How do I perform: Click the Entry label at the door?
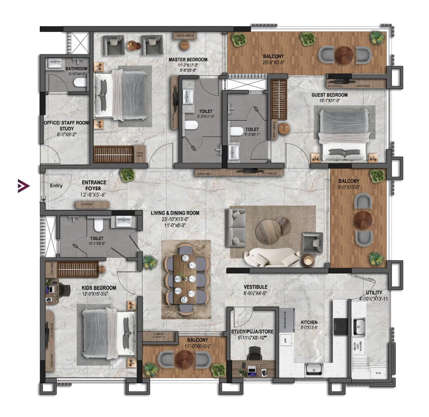coord(56,186)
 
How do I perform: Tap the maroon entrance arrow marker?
coord(23,186)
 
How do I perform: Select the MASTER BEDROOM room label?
coord(188,59)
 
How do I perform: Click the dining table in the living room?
coord(186,279)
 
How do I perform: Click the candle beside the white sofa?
coord(309,261)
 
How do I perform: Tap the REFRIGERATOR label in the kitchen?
coord(285,320)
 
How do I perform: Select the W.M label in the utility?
coord(378,373)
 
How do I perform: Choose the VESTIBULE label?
coord(255,287)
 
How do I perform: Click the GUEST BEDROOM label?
coord(329,95)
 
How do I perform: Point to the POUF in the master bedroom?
coord(185,45)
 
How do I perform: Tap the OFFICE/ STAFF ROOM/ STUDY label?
coord(67,126)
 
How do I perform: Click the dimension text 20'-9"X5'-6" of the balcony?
coord(273,62)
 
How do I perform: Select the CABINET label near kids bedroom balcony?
coord(159,334)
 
